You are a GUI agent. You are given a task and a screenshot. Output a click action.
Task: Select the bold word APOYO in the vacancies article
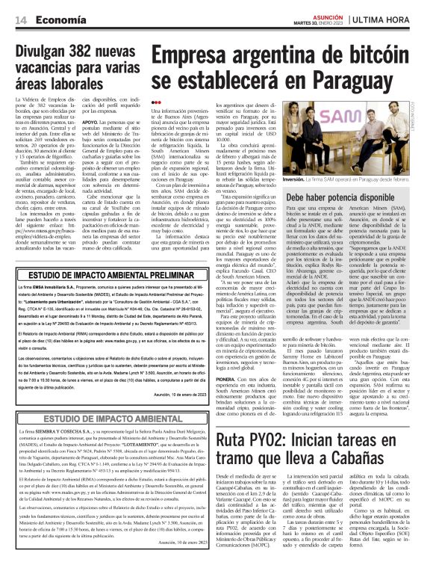[92, 120]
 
